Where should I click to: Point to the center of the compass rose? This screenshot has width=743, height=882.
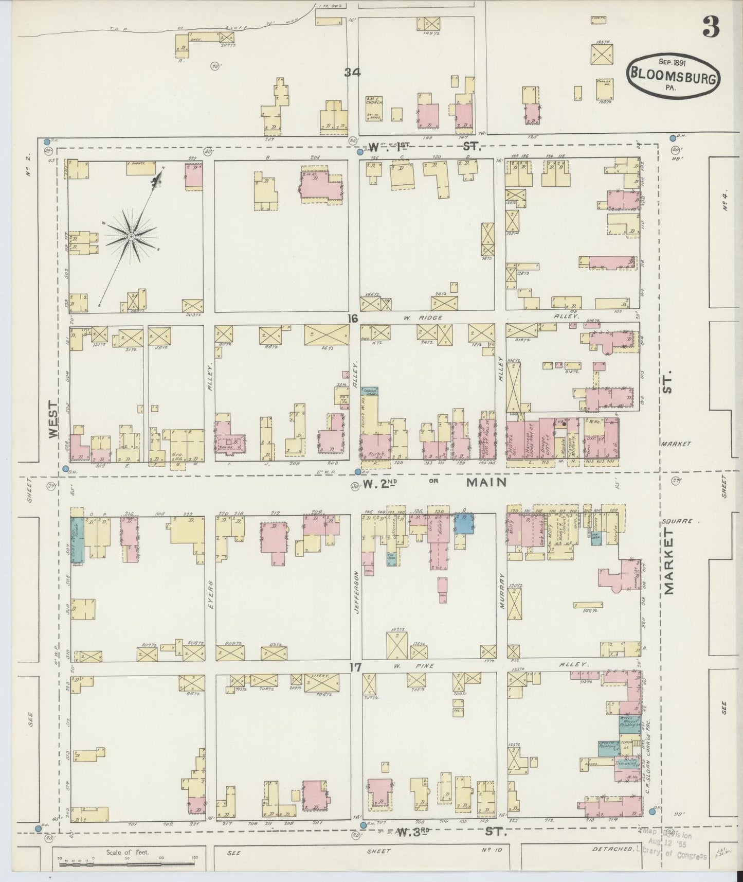[x=131, y=236]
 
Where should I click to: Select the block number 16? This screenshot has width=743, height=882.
[x=352, y=319]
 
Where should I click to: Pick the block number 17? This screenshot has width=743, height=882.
[x=355, y=667]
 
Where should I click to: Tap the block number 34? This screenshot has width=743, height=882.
[x=353, y=73]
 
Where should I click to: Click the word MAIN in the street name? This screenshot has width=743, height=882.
[x=486, y=483]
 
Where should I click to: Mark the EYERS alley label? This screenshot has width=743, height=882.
[x=210, y=592]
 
